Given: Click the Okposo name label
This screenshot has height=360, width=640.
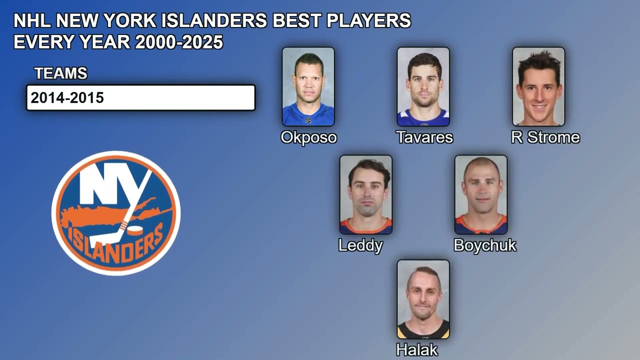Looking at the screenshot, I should pyautogui.click(x=308, y=137).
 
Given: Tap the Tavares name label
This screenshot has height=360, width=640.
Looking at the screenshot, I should pyautogui.click(x=424, y=137).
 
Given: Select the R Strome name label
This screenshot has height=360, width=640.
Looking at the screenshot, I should pyautogui.click(x=545, y=137).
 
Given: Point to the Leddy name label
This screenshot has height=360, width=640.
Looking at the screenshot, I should pyautogui.click(x=360, y=245).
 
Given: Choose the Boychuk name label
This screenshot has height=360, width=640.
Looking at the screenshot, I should pyautogui.click(x=484, y=245).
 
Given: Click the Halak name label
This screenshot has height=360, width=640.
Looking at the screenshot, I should pyautogui.click(x=416, y=350).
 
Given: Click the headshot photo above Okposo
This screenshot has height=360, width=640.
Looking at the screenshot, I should pyautogui.click(x=308, y=86).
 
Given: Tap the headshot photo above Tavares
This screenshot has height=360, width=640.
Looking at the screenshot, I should pyautogui.click(x=423, y=86).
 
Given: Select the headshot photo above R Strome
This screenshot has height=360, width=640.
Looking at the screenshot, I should pyautogui.click(x=538, y=86).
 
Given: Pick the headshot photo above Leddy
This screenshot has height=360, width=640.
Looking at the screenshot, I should pyautogui.click(x=365, y=194).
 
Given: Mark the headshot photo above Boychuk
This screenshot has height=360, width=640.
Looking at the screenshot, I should pyautogui.click(x=480, y=194).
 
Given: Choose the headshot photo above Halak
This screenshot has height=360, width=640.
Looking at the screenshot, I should pyautogui.click(x=423, y=299).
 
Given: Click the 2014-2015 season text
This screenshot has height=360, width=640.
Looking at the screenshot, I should pyautogui.click(x=67, y=98).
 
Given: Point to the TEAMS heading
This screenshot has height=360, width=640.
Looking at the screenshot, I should pyautogui.click(x=60, y=73).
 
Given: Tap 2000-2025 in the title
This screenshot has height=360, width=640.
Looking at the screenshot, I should pyautogui.click(x=178, y=42).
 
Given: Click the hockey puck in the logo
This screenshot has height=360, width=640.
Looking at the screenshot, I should pyautogui.click(x=135, y=230).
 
